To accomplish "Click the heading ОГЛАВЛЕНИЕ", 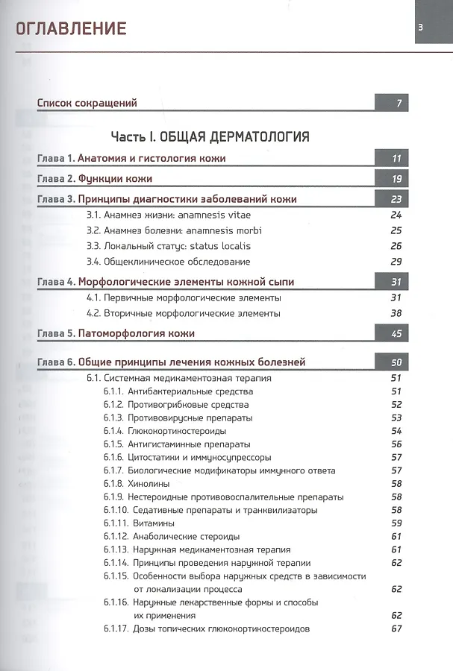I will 72,28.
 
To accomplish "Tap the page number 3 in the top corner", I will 421,28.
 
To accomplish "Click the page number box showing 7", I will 399,103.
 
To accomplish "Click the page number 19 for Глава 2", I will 396,179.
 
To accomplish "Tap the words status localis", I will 220,245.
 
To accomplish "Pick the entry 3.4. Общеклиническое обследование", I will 168,262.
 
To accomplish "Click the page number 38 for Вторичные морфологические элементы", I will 396,313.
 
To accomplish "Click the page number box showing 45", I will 396,334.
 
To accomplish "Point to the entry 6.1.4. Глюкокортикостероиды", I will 165,431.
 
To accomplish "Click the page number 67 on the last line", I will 396,629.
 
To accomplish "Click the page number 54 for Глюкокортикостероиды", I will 396,431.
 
